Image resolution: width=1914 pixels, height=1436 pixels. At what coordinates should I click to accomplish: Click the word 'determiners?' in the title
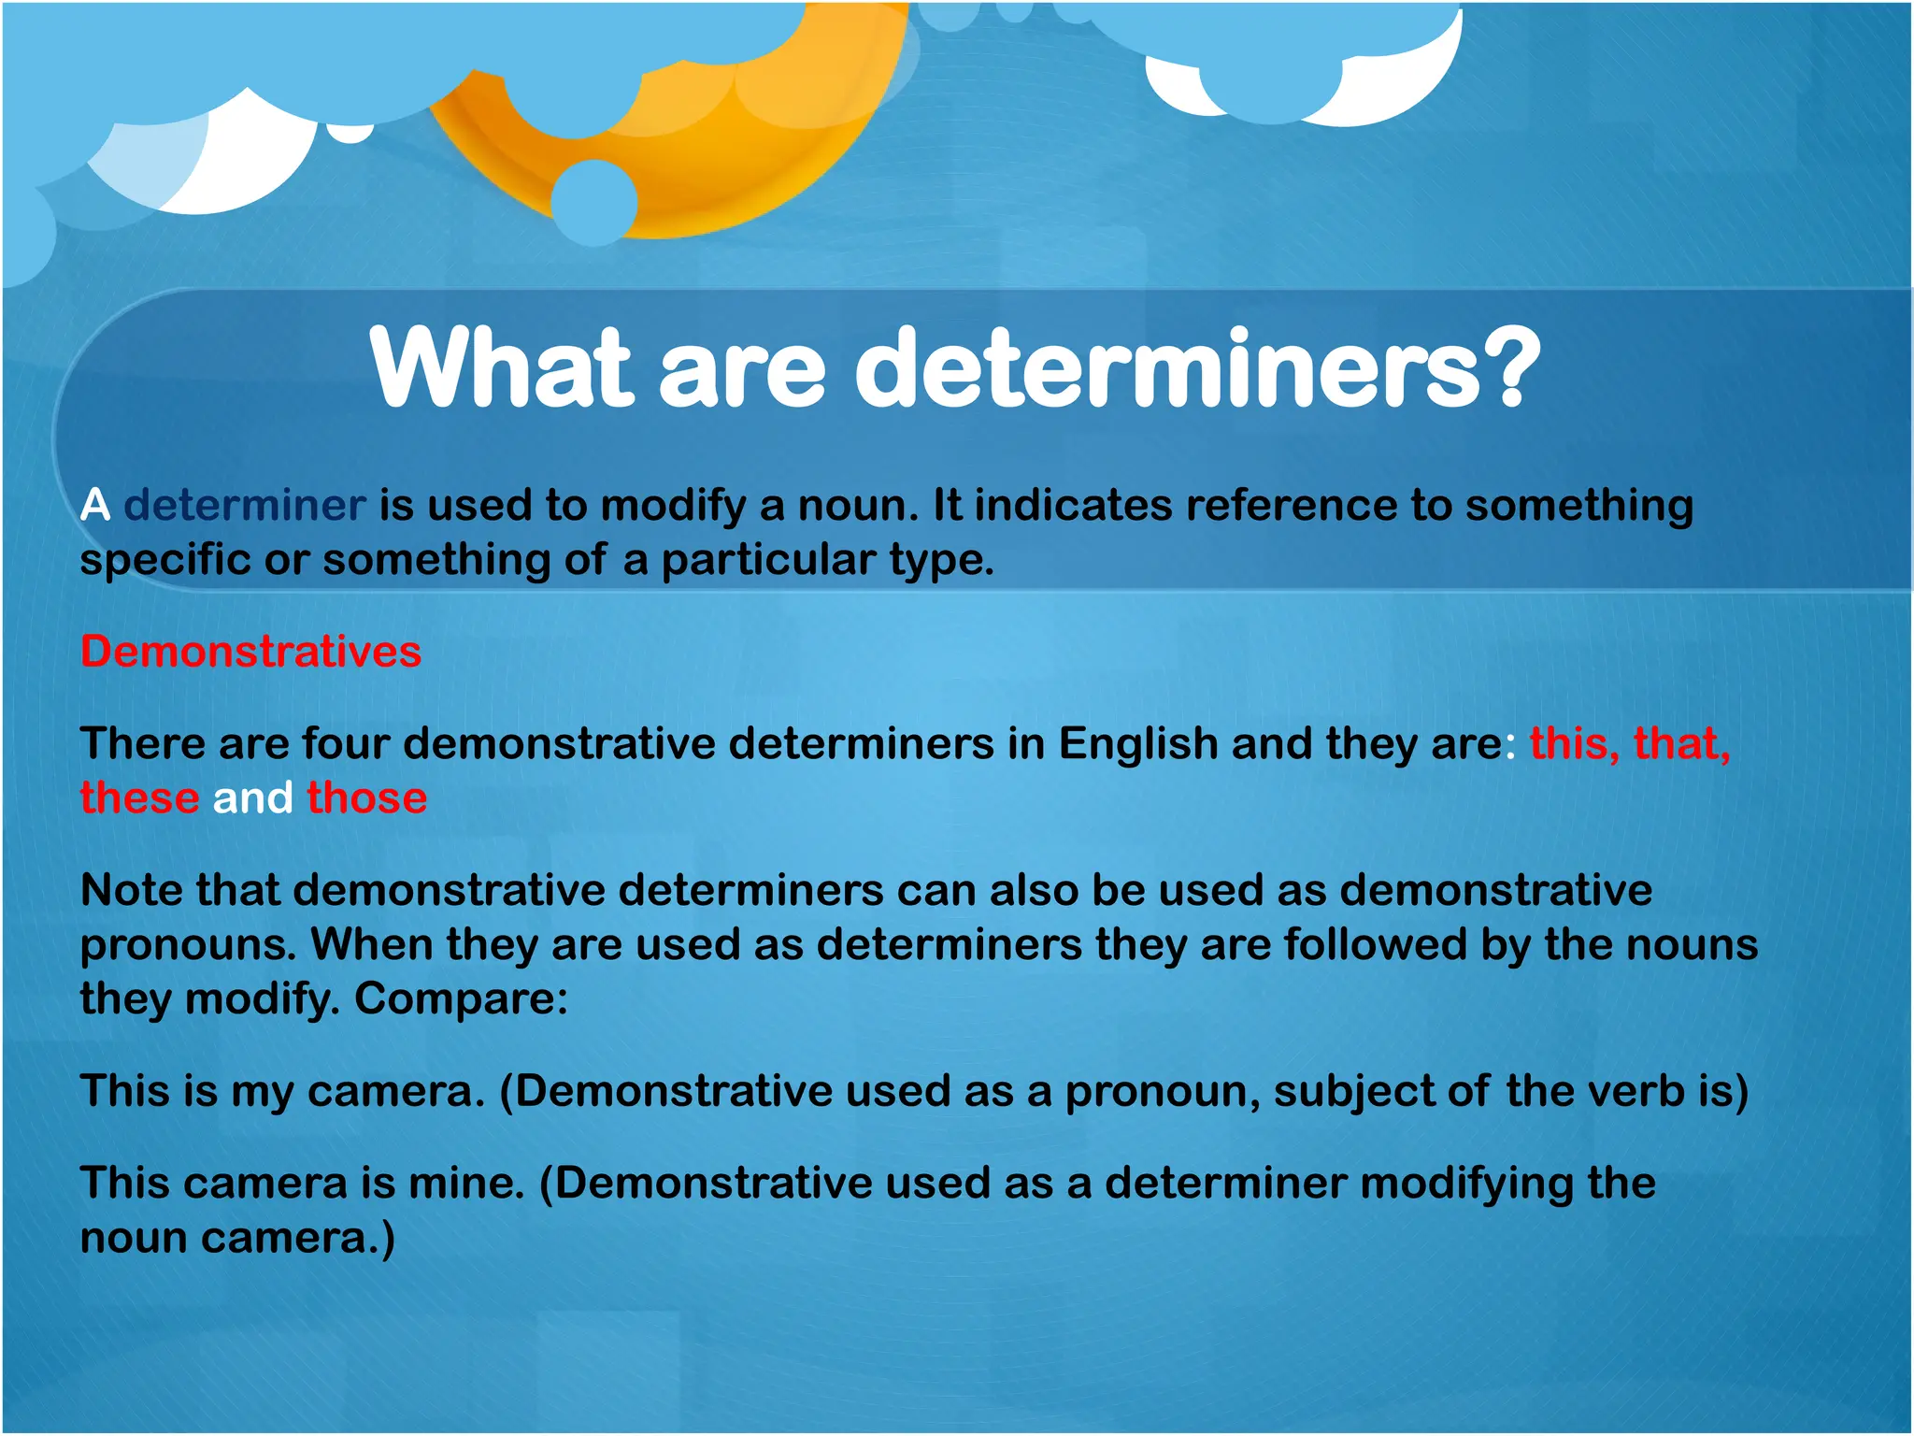1196,369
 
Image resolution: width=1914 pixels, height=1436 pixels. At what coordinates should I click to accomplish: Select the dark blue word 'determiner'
245,506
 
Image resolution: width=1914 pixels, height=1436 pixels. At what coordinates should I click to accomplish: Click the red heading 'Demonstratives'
250,652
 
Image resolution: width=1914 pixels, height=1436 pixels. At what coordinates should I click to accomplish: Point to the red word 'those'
367,798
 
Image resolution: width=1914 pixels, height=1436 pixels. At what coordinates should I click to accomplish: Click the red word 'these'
139,798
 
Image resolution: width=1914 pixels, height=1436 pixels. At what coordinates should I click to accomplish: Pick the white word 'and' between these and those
253,798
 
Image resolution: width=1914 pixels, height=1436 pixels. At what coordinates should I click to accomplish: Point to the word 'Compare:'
461,999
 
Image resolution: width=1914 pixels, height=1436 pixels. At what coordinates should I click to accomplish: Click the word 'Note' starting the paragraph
132,890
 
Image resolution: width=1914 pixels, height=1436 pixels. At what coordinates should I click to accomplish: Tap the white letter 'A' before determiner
95,506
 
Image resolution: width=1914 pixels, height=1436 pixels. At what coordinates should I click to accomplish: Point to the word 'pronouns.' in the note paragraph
188,945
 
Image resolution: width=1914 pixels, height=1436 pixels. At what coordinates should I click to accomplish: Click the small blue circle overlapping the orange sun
594,202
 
